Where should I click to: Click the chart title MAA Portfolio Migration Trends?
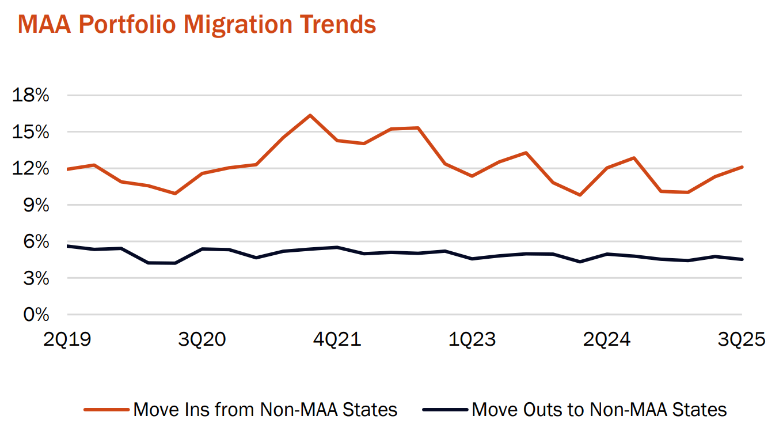[197, 25]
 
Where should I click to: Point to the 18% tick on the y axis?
[31, 95]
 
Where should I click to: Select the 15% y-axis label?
[31, 132]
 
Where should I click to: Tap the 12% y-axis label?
[31, 168]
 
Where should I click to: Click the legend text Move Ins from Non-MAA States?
[265, 410]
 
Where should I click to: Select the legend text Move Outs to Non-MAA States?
[599, 410]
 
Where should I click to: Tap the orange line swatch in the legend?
[107, 410]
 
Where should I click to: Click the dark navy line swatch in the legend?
[445, 410]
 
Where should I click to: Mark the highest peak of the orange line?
[310, 115]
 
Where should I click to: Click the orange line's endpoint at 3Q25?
[742, 167]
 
